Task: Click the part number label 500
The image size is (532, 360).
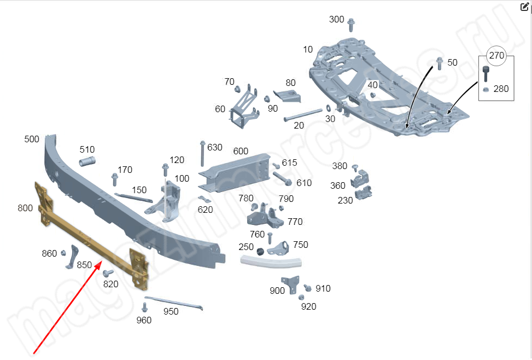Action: (32, 140)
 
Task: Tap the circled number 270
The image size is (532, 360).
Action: (496, 56)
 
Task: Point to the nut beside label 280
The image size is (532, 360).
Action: (485, 89)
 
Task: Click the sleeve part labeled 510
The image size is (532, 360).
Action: (87, 161)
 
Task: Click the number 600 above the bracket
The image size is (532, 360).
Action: (241, 151)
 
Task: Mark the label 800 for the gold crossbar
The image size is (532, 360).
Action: (25, 208)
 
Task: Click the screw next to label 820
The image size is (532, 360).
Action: (108, 272)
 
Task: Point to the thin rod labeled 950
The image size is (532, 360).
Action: (174, 303)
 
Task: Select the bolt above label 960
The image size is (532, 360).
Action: (144, 307)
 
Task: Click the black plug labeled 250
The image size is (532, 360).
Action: (261, 251)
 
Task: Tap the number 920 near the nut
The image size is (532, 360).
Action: (308, 306)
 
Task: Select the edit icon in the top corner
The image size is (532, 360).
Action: (524, 7)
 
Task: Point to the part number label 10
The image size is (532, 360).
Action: (308, 50)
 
